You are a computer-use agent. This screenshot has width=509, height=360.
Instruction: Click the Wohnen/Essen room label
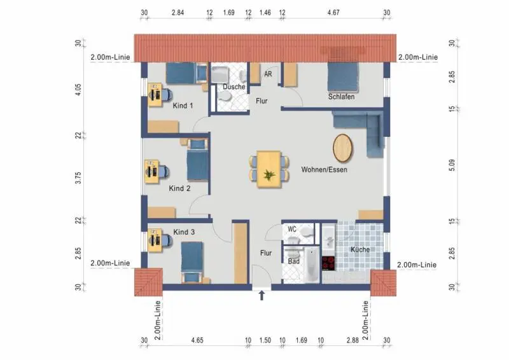point(324,169)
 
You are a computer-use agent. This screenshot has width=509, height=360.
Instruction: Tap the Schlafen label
point(341,97)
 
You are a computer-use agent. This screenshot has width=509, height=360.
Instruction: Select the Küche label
point(360,249)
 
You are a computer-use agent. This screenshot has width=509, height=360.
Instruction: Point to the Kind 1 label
point(183,106)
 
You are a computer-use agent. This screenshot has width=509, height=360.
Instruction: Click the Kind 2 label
point(179,188)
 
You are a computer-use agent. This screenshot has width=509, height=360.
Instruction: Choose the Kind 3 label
point(184,232)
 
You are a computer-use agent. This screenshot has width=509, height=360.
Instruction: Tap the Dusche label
point(234,87)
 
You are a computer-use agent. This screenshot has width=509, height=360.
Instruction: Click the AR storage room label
point(268,74)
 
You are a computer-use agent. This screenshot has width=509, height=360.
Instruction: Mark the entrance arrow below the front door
point(261,295)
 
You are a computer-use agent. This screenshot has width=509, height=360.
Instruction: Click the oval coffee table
point(343,148)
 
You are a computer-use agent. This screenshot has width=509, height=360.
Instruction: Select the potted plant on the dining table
point(269,175)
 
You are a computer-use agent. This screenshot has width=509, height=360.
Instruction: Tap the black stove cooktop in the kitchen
point(328,263)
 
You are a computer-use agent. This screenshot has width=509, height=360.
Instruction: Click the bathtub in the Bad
point(312,265)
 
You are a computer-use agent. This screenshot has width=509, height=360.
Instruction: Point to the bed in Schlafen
point(343,77)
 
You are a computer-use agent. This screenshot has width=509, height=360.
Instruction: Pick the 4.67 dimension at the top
point(333,13)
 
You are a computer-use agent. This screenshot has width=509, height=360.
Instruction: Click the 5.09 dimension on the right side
point(452,165)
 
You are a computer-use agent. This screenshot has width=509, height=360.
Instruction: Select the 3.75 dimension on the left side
point(78,178)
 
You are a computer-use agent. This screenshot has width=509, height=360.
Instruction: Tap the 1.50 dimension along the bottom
point(265,340)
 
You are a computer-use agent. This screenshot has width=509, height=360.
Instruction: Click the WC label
point(292,229)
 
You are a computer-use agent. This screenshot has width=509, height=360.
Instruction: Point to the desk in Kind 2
point(151,171)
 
